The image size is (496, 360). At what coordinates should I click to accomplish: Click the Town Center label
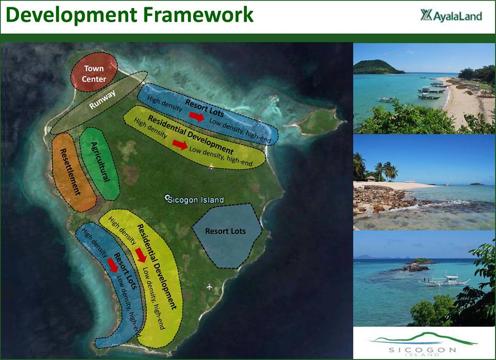point(94,74)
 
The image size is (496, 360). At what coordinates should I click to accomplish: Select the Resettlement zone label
point(70,172)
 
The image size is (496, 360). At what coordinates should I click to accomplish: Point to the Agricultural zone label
point(100,162)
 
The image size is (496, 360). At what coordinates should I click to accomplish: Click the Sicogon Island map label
point(195,199)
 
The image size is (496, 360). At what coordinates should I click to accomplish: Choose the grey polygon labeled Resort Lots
point(227,236)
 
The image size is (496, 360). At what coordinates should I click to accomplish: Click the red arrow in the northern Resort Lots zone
point(196,116)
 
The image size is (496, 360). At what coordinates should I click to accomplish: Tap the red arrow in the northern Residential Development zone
point(180,145)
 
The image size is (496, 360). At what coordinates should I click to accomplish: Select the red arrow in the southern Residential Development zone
point(141,255)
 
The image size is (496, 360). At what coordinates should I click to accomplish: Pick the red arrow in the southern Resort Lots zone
point(112,265)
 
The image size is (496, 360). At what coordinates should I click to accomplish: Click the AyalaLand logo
point(451,15)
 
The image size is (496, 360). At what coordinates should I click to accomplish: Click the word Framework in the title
point(198,15)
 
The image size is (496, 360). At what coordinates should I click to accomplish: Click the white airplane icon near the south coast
point(209,287)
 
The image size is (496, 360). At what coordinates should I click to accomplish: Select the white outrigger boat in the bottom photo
point(444,280)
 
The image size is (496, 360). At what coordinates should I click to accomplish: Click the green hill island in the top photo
point(378,67)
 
